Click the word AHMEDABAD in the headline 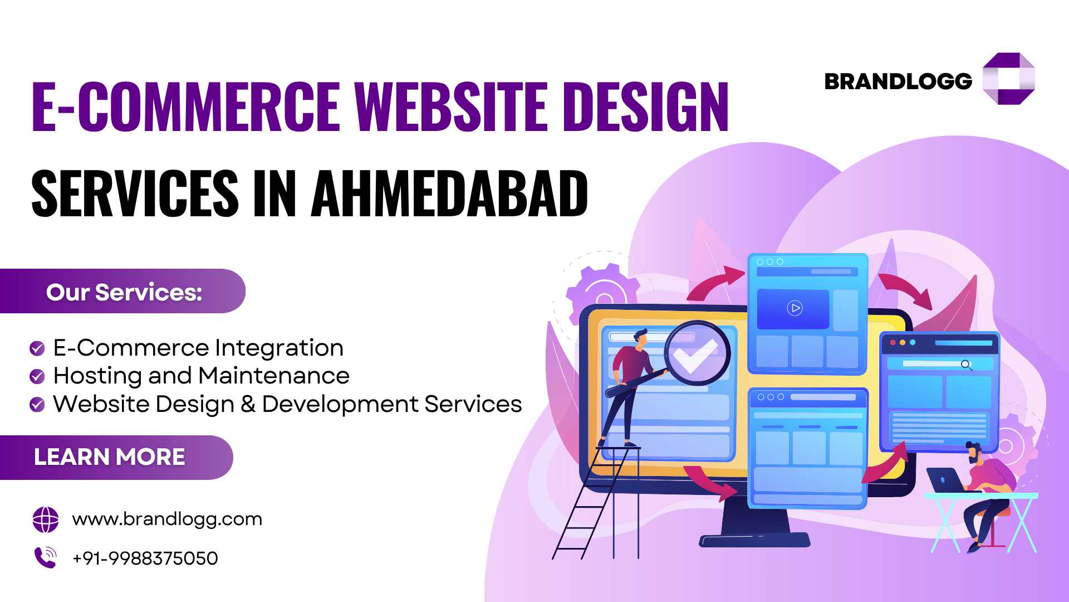[x=449, y=193]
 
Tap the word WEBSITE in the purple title [x=452, y=106]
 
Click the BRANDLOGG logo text [x=898, y=81]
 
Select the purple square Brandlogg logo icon [x=1008, y=79]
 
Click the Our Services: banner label [x=124, y=292]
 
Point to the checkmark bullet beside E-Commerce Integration [x=37, y=348]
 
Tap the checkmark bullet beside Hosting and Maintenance [x=37, y=376]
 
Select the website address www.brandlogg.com [x=167, y=520]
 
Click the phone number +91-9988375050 [x=145, y=558]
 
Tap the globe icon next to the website [x=46, y=520]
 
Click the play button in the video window [x=795, y=308]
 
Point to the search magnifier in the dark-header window [x=966, y=365]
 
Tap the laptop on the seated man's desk [x=947, y=480]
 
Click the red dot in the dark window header [x=893, y=342]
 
